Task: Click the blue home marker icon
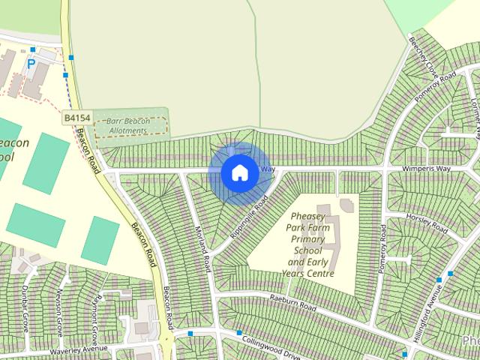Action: click(x=239, y=172)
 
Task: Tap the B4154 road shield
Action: click(x=76, y=118)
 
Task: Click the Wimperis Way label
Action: click(x=428, y=169)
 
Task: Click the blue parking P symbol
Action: click(x=31, y=64)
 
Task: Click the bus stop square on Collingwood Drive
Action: click(x=239, y=333)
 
